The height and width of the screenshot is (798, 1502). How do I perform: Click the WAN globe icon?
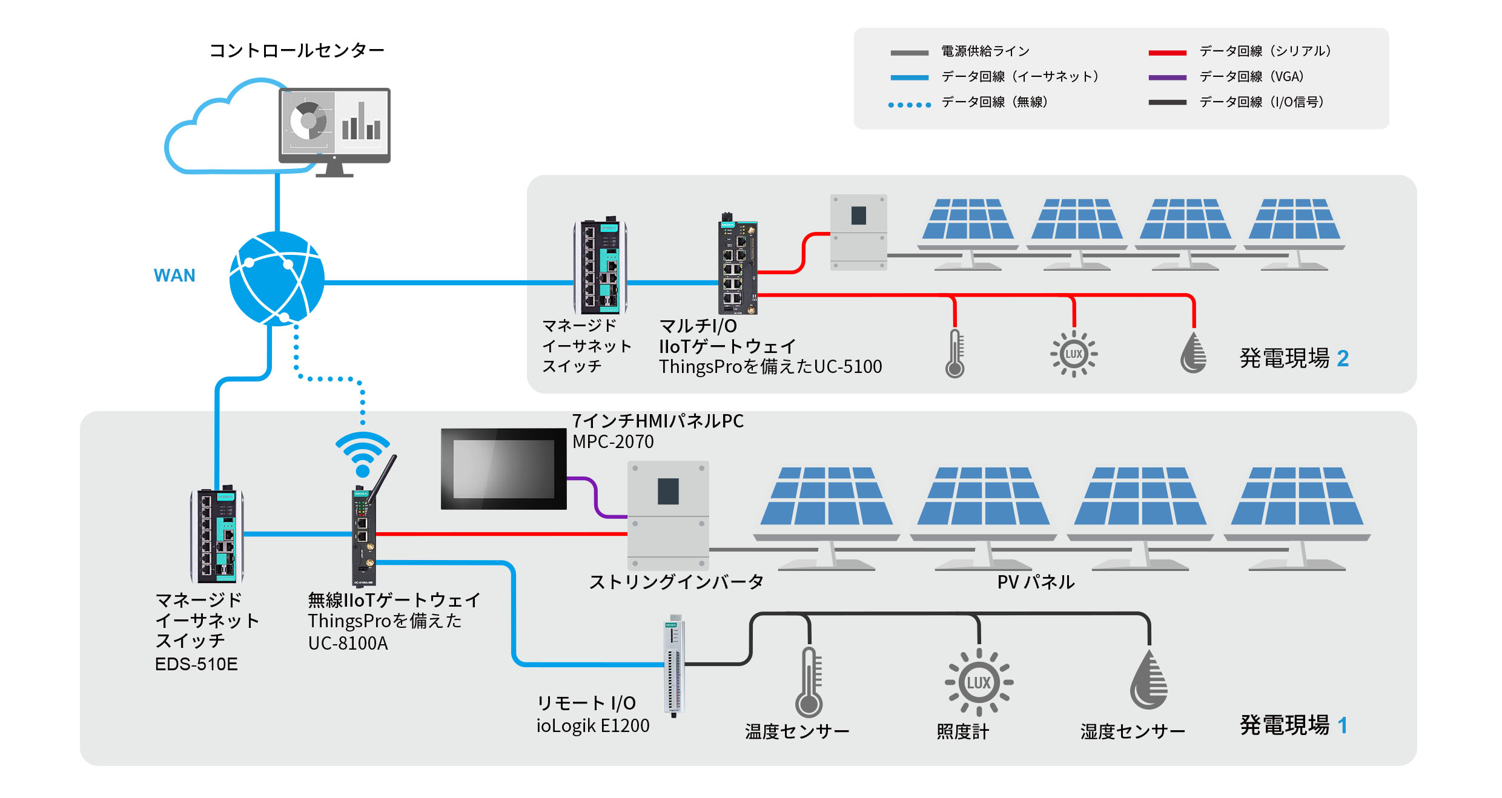[x=277, y=279]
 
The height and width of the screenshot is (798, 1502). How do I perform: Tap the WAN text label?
[x=174, y=275]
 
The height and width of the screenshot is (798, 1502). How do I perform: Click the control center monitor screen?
[x=334, y=122]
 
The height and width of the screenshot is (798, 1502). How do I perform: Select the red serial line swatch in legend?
[x=1167, y=53]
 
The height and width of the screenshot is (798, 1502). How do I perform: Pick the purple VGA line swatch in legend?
[x=1167, y=77]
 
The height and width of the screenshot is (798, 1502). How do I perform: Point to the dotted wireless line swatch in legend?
[x=909, y=105]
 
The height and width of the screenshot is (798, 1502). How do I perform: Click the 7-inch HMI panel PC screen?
[x=503, y=469]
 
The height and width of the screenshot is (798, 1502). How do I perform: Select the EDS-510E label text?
[x=196, y=664]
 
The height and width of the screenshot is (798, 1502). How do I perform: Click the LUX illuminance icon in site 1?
[x=979, y=682]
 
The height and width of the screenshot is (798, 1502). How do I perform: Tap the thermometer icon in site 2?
[x=955, y=354]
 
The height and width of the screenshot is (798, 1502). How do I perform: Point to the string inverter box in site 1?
[x=668, y=515]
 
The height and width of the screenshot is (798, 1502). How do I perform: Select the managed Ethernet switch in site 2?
[x=600, y=266]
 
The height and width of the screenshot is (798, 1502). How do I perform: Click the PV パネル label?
[x=1036, y=582]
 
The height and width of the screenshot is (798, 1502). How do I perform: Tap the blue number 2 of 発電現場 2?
[x=1343, y=358]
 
